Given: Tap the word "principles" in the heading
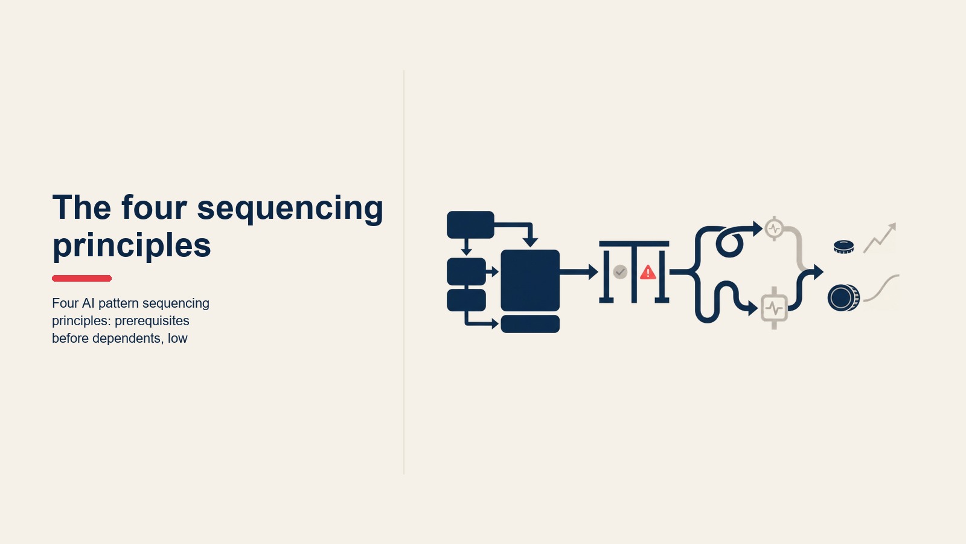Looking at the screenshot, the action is tap(132, 246).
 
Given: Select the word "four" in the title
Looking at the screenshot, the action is tap(154, 207).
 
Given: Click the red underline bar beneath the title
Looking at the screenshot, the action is tap(82, 278).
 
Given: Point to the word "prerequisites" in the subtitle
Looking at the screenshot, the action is tap(152, 321).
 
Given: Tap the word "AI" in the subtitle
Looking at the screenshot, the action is tap(88, 303).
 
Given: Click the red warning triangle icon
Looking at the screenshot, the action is tap(648, 273).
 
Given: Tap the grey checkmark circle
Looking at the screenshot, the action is tap(620, 272).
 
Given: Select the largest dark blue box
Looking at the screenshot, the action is tap(530, 280).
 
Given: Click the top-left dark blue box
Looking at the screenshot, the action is tap(470, 224).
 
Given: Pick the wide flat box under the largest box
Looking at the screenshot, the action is tap(530, 324).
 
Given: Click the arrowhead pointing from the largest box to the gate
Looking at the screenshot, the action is tap(593, 272).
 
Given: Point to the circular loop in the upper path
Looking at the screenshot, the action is tap(729, 244).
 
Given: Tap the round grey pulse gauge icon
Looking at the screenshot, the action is tap(775, 228).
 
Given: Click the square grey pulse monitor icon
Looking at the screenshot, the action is tap(774, 308).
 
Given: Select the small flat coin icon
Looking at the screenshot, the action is tap(844, 247).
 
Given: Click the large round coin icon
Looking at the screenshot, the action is tap(843, 298).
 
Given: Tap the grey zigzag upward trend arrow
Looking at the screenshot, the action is tap(880, 238).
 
